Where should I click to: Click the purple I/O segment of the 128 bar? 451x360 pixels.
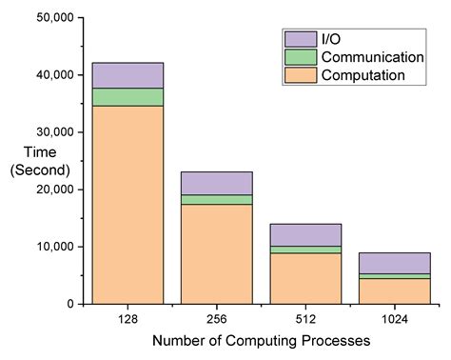coord(127,75)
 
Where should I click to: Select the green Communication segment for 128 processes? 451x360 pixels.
coord(127,97)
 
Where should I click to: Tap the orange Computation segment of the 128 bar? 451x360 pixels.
coord(127,205)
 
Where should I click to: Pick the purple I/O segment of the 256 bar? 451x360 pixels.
coord(217,183)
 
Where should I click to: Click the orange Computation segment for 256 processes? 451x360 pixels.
coord(217,254)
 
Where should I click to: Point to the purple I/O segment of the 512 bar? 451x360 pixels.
coord(305,235)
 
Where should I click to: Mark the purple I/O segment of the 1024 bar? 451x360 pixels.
coord(394,263)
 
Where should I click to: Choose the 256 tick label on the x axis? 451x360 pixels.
coord(217,320)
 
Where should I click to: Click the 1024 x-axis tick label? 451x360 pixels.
coord(394,320)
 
